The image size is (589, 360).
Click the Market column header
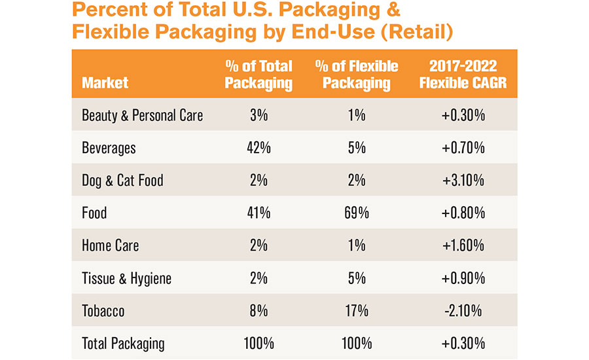105,82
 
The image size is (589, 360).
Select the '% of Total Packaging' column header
259,75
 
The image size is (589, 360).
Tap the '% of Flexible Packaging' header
357,75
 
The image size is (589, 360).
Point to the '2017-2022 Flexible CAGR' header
463,75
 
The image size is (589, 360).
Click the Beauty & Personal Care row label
143,115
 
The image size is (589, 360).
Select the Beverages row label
109,148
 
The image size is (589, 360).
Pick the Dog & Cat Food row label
123,181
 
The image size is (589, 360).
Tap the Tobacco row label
103,311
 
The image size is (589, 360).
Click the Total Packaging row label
123,344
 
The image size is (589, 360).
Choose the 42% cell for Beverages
259,148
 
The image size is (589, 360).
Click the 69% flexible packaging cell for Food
357,213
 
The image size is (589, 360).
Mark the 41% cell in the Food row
259,213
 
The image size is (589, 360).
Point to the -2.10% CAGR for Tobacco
463,311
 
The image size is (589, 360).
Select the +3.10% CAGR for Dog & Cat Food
463,181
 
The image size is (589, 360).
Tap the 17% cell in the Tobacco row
357,311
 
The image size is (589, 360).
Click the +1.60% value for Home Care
463,245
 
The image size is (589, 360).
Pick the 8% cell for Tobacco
259,311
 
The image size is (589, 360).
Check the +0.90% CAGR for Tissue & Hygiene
463,278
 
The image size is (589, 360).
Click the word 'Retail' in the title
417,31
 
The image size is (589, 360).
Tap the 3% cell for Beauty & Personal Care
259,115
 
